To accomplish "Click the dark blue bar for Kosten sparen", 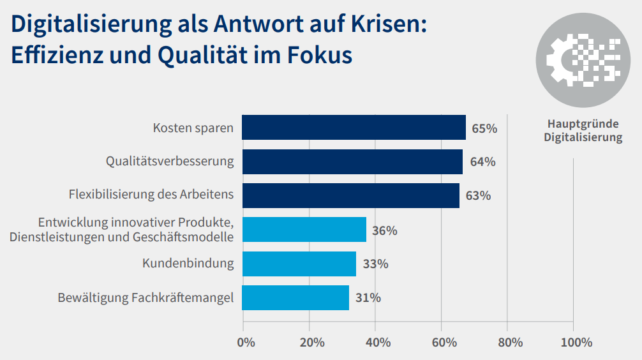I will coord(354,128).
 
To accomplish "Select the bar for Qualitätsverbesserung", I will coord(352,161).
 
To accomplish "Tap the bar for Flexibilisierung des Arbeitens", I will coord(350,195).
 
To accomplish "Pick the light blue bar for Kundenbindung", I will coord(299,264).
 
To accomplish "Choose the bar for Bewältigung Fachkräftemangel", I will coord(295,297).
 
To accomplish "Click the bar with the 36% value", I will coord(304,230).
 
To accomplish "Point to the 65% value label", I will coord(484,128).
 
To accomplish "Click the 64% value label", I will coord(482,162).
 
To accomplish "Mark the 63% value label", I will coord(478,196).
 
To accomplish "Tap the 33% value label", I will coord(375,264).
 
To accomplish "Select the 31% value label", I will coord(368,298).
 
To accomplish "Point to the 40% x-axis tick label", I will coord(378,343).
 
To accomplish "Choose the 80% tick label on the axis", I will coord(510,343).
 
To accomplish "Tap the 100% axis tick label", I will coord(576,343).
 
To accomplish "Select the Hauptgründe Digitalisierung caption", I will coord(583,131).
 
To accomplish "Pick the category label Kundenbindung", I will coord(188,264).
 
